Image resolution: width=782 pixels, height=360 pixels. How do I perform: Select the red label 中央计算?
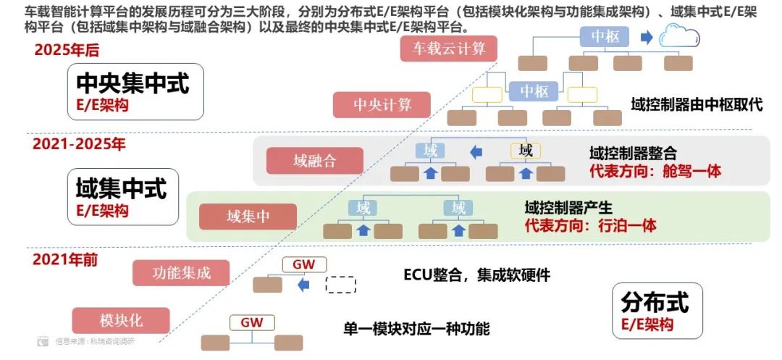coord(382,104)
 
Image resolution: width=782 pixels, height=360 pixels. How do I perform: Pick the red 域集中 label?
coord(248,217)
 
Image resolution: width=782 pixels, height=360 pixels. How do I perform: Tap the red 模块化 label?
coord(121,320)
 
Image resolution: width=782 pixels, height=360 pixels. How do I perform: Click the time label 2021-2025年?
coord(79,144)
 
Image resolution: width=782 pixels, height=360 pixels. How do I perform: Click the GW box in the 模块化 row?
coord(251,322)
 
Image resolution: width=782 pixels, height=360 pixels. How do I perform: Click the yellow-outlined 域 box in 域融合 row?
coord(526,151)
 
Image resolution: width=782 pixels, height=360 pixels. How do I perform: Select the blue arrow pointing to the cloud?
coord(646,37)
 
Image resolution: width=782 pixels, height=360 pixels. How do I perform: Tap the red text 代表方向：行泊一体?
coord(590,225)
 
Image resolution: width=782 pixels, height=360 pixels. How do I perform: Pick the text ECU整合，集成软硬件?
coord(476,275)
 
